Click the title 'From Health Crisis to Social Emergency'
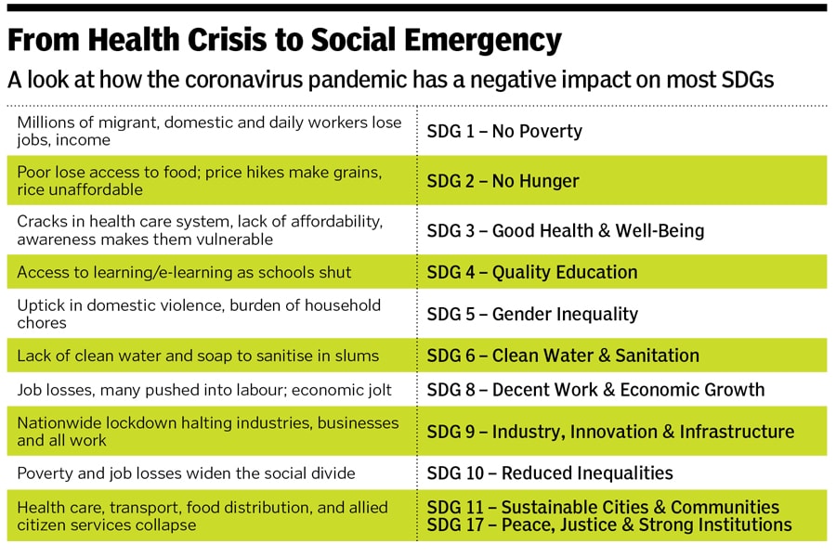pos(284,40)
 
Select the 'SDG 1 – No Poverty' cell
pos(504,131)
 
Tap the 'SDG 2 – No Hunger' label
pos(503,181)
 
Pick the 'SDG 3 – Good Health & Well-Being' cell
pos(566,230)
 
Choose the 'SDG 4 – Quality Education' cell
pos(532,272)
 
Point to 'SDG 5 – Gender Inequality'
pos(532,314)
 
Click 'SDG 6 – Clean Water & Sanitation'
pos(563,356)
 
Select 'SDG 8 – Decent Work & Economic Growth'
pos(595,390)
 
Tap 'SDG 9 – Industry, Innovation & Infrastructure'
pos(610,432)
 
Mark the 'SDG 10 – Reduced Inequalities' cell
pos(550,473)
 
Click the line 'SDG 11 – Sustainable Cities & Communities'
pos(603,507)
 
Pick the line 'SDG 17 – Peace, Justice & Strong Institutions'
pos(609,525)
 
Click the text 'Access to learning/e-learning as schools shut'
pos(185,272)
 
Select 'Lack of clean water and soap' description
pos(198,356)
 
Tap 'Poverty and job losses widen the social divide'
pos(186,473)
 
